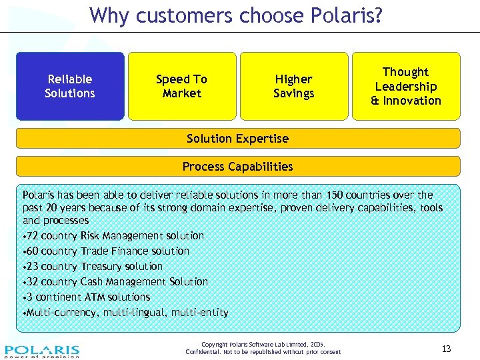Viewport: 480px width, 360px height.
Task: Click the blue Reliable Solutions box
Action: (70, 86)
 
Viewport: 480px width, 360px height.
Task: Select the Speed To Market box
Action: (181, 86)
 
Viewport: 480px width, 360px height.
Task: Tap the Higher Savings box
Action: (293, 86)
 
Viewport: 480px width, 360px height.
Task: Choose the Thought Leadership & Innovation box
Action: (405, 86)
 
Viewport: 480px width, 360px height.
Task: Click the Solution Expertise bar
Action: (238, 139)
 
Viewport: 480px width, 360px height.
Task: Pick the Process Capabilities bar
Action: (238, 166)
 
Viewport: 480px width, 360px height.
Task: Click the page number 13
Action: (446, 349)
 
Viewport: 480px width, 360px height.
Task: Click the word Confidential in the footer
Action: (202, 352)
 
